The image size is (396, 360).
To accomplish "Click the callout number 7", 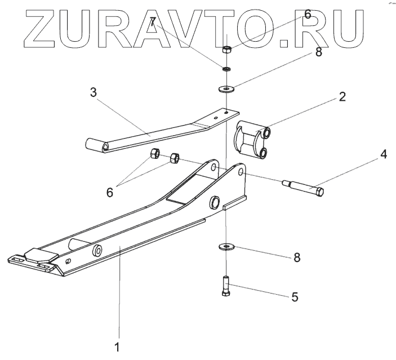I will click(153, 23).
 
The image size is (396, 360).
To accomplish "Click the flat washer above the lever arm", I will click(226, 88).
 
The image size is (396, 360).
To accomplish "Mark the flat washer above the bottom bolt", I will click(226, 246).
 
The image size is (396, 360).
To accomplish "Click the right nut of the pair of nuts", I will click(174, 159).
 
